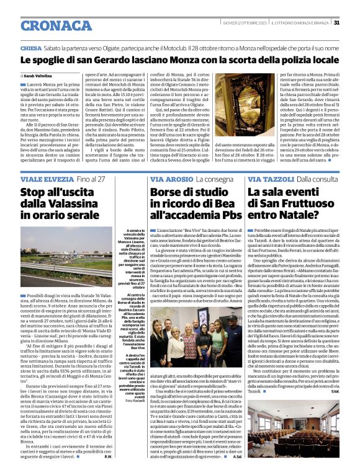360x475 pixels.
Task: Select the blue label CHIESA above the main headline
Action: [31, 48]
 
